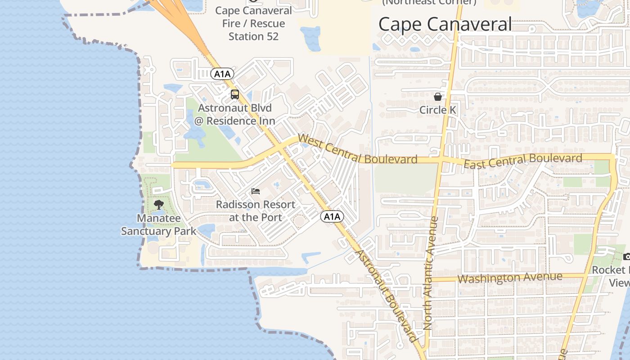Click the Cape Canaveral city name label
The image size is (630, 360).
(x=445, y=24)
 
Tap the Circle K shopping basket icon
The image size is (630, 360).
(x=437, y=96)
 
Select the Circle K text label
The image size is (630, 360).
(x=437, y=110)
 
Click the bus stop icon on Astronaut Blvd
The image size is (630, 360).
(x=234, y=94)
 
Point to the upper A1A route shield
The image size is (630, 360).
(x=222, y=74)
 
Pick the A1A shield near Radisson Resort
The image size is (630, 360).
(x=332, y=217)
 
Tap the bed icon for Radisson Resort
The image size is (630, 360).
(x=256, y=191)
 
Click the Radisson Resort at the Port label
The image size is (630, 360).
(x=256, y=211)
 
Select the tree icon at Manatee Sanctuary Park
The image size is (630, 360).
(x=158, y=205)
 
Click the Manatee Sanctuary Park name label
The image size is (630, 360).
(x=158, y=225)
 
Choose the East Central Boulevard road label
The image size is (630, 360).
(x=523, y=161)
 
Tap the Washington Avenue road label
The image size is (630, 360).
(x=510, y=278)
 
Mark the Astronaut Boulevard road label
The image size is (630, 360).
(x=386, y=295)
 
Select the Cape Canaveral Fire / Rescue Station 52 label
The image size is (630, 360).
(x=253, y=23)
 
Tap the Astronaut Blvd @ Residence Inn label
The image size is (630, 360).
(x=234, y=114)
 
